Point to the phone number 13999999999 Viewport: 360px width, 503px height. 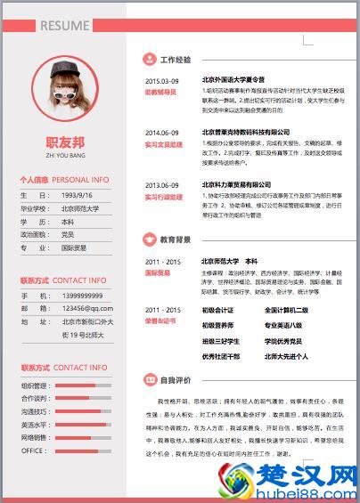pos(87,296)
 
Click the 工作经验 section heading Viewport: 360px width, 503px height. pos(176,61)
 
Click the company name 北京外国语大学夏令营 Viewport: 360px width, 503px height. pos(234,81)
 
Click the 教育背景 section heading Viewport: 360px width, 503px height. pos(176,239)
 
